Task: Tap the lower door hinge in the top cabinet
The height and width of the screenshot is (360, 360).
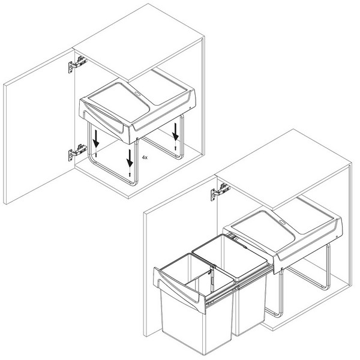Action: [x=74, y=152]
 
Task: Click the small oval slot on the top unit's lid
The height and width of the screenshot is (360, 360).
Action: [x=139, y=94]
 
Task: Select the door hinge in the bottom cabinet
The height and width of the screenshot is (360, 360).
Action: [x=218, y=194]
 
